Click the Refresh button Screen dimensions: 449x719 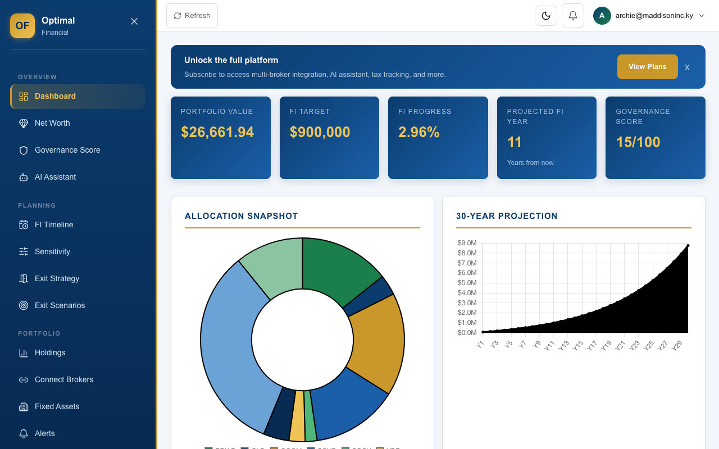point(192,16)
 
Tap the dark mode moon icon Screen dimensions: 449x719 point(545,16)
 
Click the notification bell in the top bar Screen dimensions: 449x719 point(572,16)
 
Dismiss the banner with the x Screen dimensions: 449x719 point(687,67)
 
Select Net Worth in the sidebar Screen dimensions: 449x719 point(52,123)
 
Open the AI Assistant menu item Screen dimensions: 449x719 point(55,177)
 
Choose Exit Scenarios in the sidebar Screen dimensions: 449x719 point(60,305)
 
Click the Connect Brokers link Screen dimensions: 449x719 point(63,379)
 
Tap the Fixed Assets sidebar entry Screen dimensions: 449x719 point(57,406)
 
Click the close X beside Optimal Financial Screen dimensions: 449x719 point(134,21)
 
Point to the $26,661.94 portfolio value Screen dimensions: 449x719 point(217,132)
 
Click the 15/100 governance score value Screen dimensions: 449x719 point(638,142)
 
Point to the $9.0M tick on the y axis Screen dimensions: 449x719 point(467,243)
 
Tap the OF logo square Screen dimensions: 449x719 point(22,26)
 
